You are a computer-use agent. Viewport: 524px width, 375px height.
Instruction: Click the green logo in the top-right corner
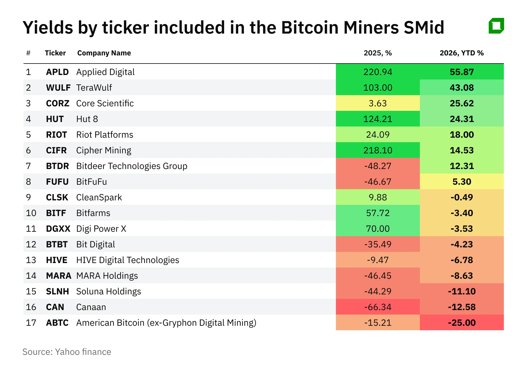click(496, 26)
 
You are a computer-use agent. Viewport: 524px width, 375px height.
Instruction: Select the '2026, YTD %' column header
click(462, 53)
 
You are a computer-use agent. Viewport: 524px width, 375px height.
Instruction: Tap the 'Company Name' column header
click(104, 53)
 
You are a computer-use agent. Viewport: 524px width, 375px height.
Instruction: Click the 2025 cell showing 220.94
click(378, 72)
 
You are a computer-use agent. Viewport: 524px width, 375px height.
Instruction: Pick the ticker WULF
click(58, 88)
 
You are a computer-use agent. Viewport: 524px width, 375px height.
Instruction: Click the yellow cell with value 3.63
click(378, 103)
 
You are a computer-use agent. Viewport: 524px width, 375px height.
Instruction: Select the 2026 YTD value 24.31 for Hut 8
click(462, 119)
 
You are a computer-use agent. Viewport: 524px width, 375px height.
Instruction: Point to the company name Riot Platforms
click(105, 135)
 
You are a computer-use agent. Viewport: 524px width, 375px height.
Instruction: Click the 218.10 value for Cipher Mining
click(378, 150)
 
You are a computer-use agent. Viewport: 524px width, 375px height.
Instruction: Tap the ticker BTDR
click(57, 166)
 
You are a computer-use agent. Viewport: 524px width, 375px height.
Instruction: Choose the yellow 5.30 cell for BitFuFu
click(462, 182)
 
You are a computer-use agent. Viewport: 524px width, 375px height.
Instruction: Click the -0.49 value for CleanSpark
click(462, 197)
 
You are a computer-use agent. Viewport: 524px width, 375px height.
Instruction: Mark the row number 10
click(31, 213)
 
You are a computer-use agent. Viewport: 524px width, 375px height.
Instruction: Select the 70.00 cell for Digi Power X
click(378, 229)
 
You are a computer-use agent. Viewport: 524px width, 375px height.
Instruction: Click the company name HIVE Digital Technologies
click(128, 260)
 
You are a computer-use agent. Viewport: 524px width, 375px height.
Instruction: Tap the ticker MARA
click(59, 276)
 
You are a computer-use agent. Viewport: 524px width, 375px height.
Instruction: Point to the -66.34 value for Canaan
click(378, 307)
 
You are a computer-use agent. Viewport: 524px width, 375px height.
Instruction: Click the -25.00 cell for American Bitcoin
click(462, 323)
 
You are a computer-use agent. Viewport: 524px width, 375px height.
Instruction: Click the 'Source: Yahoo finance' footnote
click(67, 352)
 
